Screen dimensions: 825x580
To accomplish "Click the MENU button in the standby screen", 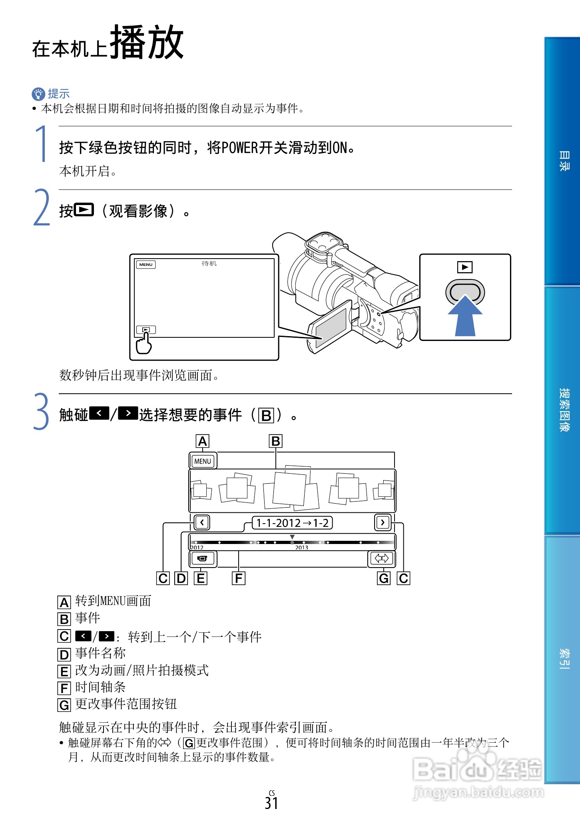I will pos(146,265).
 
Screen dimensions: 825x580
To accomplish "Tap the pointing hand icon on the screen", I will pos(144,344).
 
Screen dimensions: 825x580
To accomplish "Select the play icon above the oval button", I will pos(465,267).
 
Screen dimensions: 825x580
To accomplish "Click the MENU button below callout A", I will pos(202,461).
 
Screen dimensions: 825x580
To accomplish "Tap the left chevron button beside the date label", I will pos(202,522).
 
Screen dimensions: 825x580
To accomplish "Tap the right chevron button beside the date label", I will pos(383,522).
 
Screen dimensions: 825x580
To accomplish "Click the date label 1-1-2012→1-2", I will pos(292,523).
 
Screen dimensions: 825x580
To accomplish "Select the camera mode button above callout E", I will pos(202,558).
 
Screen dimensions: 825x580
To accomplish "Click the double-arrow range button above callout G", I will pos(381,558).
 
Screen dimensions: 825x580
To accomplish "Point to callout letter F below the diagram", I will pos(239,578).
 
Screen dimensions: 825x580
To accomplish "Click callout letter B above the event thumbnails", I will pos(275,441).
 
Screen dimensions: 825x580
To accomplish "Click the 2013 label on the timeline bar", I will pos(301,548).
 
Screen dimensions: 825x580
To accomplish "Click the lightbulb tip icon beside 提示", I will pos(38,94).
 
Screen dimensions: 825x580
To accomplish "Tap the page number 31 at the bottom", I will pos(271,803).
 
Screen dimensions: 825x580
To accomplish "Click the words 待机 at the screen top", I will pos(209,263).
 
